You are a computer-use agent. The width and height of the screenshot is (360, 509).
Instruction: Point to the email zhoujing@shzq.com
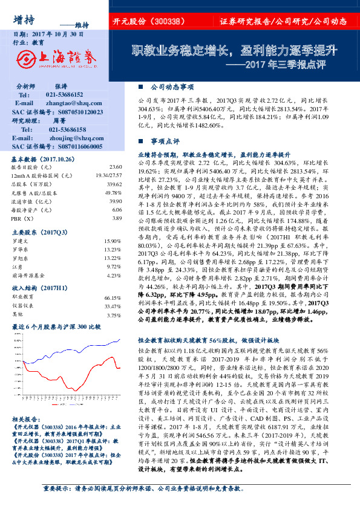(70, 138)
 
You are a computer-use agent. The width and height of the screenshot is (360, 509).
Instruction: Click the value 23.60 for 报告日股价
(114, 166)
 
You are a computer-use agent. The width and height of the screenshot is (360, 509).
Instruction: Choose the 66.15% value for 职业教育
(113, 298)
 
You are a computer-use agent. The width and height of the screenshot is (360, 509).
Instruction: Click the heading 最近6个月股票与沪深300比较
(56, 326)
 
